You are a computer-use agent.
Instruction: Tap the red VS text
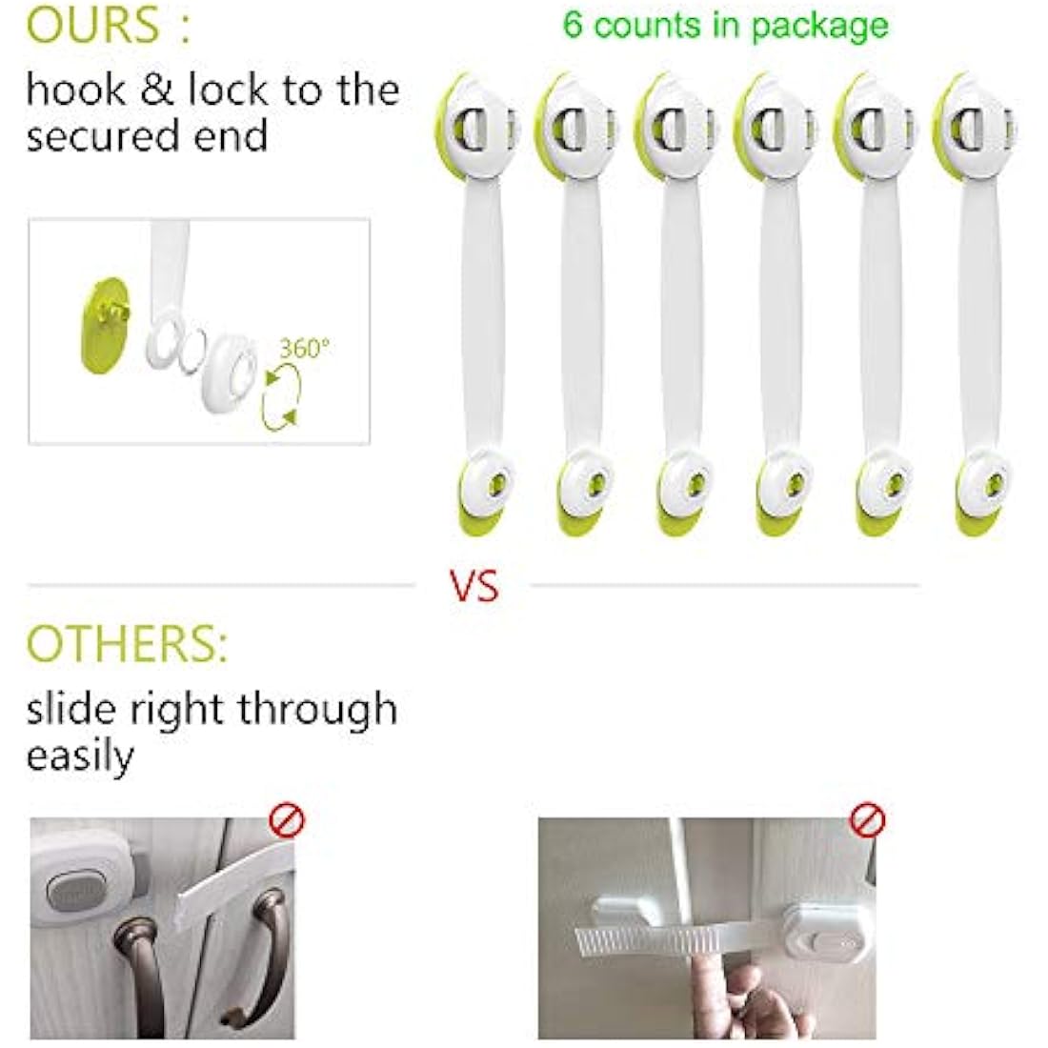coord(474,586)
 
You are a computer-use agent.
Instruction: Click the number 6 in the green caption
coord(573,24)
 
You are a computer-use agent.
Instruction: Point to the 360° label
coord(303,349)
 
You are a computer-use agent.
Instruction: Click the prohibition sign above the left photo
coord(286,820)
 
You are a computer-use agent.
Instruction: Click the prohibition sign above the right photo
coord(867,819)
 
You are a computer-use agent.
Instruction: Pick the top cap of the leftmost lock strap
coord(476,129)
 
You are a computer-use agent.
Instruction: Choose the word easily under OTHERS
coord(80,757)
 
